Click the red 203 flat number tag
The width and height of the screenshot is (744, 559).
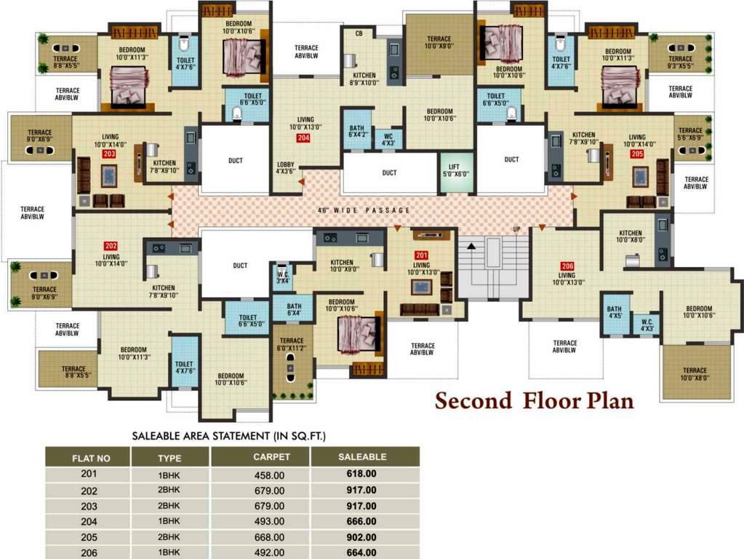coord(109,154)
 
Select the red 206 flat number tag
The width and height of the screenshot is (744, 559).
coord(567,266)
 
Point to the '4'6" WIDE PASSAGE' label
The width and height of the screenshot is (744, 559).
coord(364,210)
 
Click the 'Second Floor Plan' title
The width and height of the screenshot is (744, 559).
coord(535,401)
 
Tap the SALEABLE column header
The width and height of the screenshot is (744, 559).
coord(362,457)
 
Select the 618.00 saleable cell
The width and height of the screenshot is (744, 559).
coord(361,474)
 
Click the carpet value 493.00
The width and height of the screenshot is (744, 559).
coord(268,521)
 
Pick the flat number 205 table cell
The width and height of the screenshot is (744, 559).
coord(89,537)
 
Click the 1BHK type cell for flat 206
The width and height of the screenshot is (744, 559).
coord(169,553)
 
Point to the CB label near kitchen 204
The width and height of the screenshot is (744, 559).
coord(359,33)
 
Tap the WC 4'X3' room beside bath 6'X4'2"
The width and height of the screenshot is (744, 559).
coord(388,139)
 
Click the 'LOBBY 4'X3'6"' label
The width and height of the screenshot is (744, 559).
coord(286,168)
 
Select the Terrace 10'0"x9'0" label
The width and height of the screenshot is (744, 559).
coord(439,43)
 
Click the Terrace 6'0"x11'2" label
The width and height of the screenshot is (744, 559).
coord(292,345)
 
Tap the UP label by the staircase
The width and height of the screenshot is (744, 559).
coord(517,229)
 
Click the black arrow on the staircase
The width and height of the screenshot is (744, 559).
coord(471,247)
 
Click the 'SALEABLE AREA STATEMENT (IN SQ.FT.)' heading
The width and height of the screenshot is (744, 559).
coord(228,436)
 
